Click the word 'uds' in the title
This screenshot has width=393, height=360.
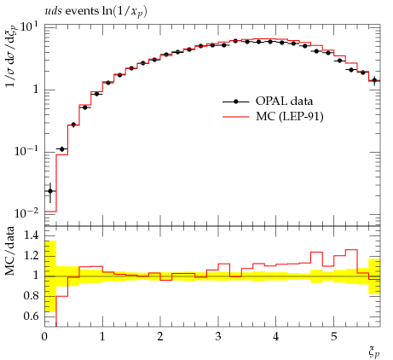click(53, 11)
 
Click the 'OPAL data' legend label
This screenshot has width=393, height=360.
click(284, 101)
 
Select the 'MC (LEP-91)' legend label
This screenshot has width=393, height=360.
click(290, 116)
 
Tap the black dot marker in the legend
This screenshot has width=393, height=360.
click(235, 102)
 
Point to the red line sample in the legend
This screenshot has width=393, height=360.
click(235, 117)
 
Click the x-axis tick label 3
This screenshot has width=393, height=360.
click(218, 336)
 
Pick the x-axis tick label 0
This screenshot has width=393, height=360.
click(44, 336)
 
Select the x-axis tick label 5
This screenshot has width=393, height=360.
click(333, 336)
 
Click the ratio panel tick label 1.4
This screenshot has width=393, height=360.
click(31, 235)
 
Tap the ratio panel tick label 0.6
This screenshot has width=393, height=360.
click(31, 316)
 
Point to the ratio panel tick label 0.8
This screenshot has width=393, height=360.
click(31, 295)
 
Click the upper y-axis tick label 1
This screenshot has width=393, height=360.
click(36, 90)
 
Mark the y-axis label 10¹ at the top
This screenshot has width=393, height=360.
click(29, 28)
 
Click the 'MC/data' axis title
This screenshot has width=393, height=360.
click(9, 251)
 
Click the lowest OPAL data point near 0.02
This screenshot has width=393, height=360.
click(50, 191)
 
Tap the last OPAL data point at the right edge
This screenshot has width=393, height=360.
click(374, 80)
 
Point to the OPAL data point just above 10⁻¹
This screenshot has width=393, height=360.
click(62, 149)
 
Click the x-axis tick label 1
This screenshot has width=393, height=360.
click(102, 336)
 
